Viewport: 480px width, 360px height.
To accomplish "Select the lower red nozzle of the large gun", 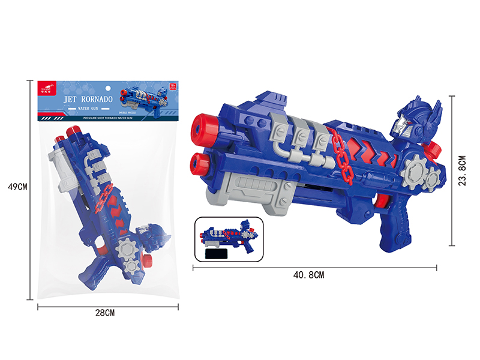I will [x=200, y=160].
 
